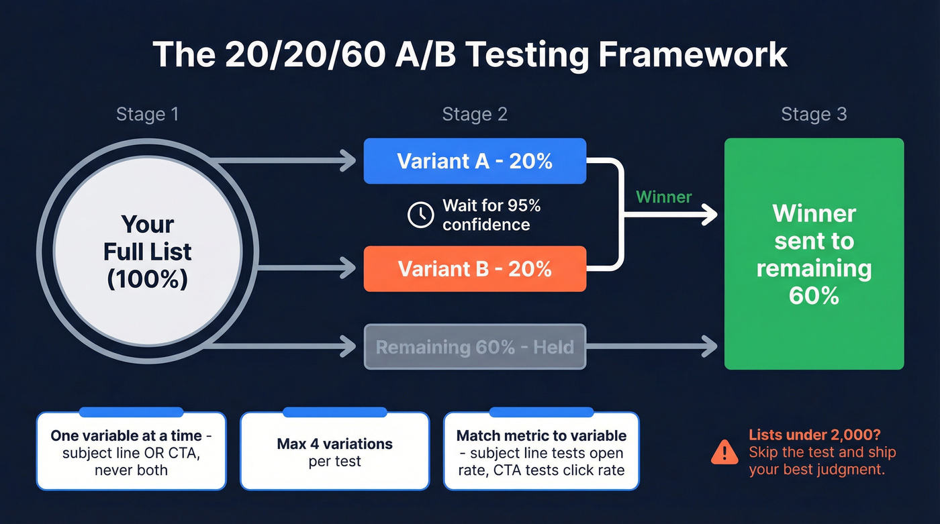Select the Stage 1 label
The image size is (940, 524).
tap(148, 114)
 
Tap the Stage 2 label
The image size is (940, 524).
tap(475, 114)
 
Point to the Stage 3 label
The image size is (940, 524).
tap(814, 114)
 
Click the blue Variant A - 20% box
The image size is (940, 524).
tap(475, 161)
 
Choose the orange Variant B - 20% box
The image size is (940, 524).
tap(475, 269)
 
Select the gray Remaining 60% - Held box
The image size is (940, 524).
tap(475, 347)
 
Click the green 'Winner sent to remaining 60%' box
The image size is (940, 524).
tap(814, 254)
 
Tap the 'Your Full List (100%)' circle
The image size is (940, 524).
tap(148, 252)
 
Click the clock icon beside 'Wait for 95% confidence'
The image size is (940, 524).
tap(421, 215)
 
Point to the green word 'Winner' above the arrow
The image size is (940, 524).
tap(663, 197)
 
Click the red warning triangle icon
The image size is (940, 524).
tap(724, 452)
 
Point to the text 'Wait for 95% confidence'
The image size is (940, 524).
tap(486, 215)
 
